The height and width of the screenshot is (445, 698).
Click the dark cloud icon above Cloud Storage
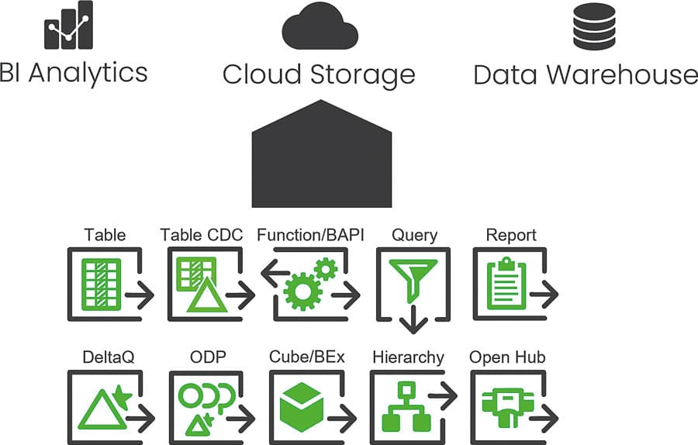pos(320,30)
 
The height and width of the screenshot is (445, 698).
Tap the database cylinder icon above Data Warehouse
pos(595,26)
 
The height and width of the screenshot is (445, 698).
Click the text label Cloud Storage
pos(319,75)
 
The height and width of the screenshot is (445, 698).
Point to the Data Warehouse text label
pos(586,75)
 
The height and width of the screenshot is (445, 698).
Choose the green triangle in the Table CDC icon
pos(207,295)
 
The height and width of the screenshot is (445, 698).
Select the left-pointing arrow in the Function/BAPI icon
pos(274,272)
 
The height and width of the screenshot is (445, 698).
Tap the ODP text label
pos(206,357)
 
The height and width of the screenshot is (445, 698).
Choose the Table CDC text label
pos(202,234)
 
